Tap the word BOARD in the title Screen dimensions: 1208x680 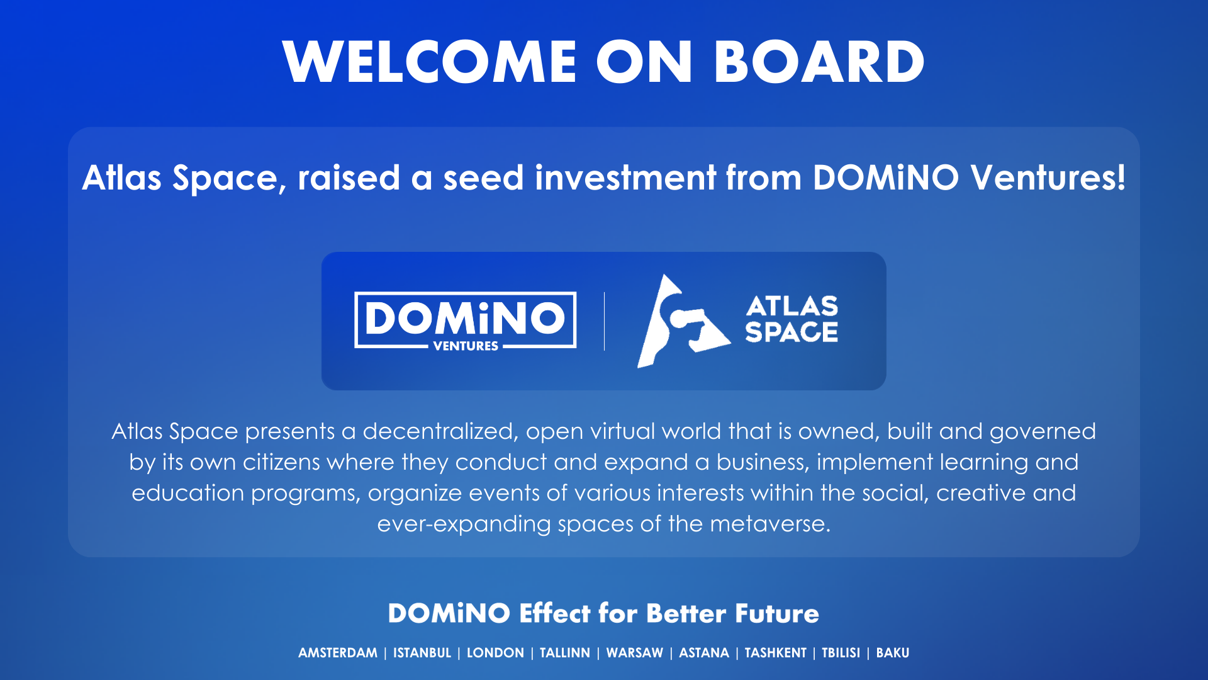(x=819, y=62)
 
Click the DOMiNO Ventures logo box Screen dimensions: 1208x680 (x=466, y=320)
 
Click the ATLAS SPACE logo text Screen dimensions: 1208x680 (x=791, y=319)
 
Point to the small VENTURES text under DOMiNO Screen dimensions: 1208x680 (x=466, y=346)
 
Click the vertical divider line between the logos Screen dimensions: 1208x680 (x=604, y=321)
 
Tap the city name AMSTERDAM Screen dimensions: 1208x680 (x=338, y=653)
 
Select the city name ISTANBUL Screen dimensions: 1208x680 (x=422, y=653)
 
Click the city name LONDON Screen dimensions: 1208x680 (x=495, y=653)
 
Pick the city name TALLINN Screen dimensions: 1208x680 (x=565, y=653)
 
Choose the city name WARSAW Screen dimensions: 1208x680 (x=635, y=653)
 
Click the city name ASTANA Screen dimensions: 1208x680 (x=704, y=653)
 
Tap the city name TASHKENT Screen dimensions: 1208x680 (x=776, y=653)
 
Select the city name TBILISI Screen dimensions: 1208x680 (x=841, y=653)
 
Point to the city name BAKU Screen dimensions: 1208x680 (x=893, y=653)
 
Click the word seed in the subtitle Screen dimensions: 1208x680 (x=483, y=178)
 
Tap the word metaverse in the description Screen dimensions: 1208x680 (x=770, y=524)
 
